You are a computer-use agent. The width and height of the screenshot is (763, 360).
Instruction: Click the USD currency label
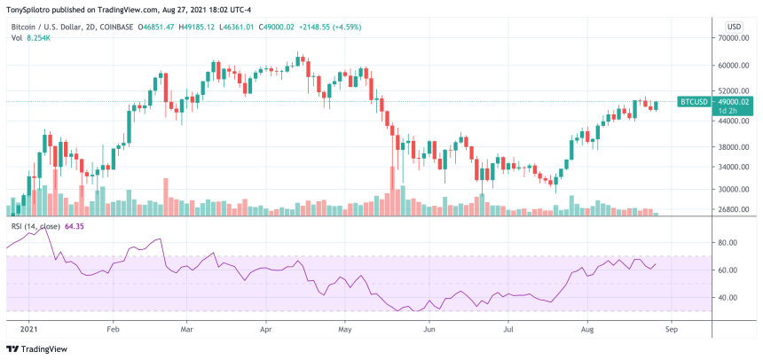point(734,27)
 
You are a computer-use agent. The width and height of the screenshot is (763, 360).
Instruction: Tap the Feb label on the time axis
point(112,327)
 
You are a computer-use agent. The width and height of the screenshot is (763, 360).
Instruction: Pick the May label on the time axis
point(347,327)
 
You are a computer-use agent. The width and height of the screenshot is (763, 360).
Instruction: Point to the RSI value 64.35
point(74,227)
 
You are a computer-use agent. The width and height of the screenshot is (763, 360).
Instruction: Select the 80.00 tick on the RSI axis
point(730,242)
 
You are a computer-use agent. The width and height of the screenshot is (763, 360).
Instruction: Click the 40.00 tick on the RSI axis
point(730,297)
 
